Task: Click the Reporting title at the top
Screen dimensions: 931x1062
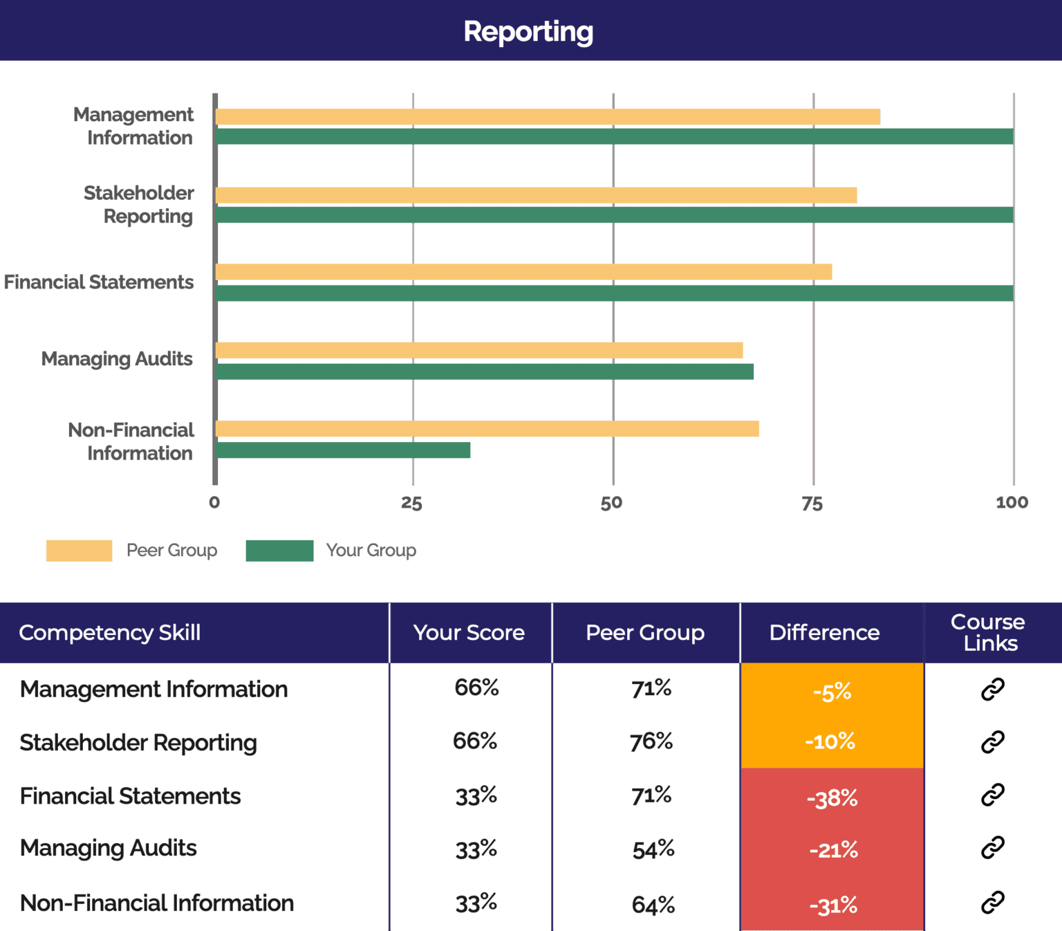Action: (x=528, y=32)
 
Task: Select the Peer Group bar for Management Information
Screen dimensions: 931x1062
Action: (x=548, y=117)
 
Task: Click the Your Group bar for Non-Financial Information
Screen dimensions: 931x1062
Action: (x=343, y=450)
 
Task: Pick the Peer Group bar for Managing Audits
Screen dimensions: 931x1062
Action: (x=479, y=351)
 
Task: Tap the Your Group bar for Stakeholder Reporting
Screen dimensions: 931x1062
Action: (x=614, y=215)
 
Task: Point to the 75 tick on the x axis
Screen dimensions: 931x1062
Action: (x=812, y=504)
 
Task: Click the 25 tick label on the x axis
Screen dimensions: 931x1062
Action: (x=411, y=504)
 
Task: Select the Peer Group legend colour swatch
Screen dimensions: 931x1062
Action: (x=80, y=551)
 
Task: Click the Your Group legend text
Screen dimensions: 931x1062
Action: (x=371, y=551)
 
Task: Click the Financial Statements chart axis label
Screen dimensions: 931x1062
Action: (x=99, y=282)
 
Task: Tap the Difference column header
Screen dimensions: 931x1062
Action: (x=824, y=632)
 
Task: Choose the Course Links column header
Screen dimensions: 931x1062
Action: (x=988, y=632)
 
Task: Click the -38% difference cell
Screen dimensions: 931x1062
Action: (x=832, y=798)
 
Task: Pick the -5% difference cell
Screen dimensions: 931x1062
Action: (x=832, y=692)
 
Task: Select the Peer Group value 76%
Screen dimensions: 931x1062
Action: (x=651, y=741)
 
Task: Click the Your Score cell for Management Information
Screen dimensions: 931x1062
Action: (x=476, y=688)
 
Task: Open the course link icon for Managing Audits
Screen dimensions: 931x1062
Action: (x=992, y=847)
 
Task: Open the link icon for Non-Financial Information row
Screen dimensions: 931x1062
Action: (x=992, y=903)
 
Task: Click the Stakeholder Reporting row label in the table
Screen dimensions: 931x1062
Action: (x=138, y=743)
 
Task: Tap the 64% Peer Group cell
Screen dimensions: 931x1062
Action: (x=653, y=905)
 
